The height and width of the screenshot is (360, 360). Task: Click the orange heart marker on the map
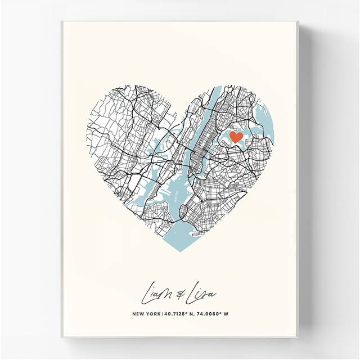236,137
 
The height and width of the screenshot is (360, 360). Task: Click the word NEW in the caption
139,314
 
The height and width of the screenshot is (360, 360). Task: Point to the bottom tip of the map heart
180,253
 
